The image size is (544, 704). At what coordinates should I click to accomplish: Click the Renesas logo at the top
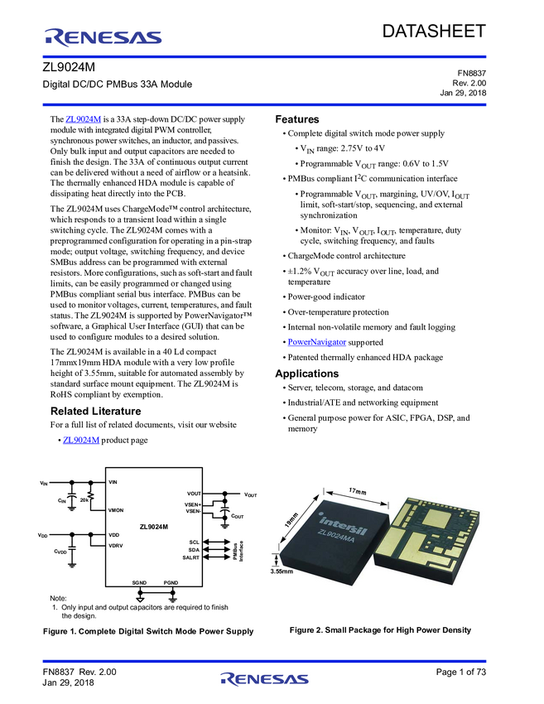click(103, 36)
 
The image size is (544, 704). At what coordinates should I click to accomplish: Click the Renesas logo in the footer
click(265, 679)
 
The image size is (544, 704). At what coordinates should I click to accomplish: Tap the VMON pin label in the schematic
click(118, 512)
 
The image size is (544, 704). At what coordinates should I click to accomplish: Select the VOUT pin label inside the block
click(195, 494)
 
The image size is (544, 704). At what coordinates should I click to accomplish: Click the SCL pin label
click(195, 542)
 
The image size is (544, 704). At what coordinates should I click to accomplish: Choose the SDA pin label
click(195, 550)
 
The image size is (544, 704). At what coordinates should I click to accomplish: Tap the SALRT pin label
click(192, 558)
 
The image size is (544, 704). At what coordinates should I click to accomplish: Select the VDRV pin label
click(116, 546)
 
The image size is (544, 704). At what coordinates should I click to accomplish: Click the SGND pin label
click(140, 582)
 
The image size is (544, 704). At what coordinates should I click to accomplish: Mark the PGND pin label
click(171, 582)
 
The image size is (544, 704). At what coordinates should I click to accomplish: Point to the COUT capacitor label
click(238, 516)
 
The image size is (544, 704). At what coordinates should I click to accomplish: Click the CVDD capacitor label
click(60, 552)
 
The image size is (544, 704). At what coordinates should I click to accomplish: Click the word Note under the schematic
click(58, 598)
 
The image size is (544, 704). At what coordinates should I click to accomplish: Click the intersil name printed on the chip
click(342, 521)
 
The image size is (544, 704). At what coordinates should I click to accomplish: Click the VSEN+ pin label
click(193, 504)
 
